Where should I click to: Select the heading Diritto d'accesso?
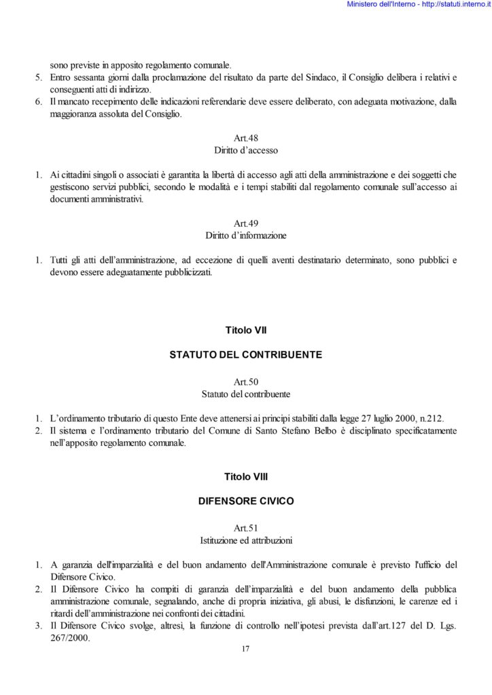coord(245,149)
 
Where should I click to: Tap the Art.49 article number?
coord(245,224)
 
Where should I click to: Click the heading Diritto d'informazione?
coord(245,236)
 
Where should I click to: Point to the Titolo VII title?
coord(245,331)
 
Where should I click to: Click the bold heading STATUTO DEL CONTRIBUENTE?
coord(245,354)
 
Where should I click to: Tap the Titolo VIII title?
coord(245,477)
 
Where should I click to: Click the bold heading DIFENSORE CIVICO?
coord(245,502)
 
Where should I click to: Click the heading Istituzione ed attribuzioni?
coord(245,541)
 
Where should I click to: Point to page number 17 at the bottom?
coord(245,649)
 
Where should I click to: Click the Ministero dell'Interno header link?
coord(418,5)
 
